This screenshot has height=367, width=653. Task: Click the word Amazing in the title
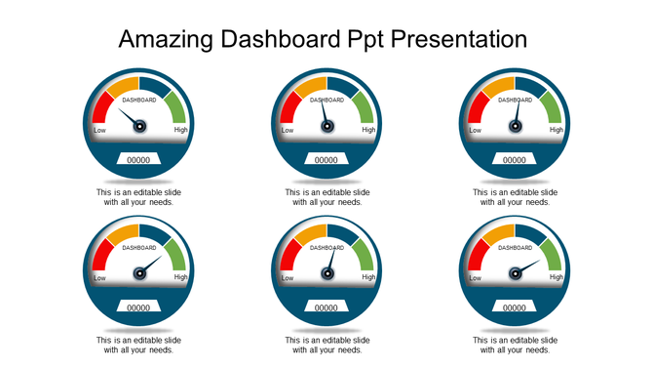(163, 40)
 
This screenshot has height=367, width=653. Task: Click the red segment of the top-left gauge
(100, 109)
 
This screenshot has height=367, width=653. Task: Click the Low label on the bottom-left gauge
(99, 278)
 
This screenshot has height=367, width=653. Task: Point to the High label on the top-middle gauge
(368, 130)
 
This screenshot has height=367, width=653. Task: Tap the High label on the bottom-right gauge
(557, 277)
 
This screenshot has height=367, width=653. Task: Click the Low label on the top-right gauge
(475, 130)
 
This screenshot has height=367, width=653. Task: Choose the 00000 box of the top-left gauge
(138, 160)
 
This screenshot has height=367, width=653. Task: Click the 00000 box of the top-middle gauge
(326, 160)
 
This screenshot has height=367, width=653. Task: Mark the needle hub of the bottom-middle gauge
(326, 273)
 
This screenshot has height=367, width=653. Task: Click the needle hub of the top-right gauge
(515, 125)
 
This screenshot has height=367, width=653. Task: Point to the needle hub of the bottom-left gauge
(138, 273)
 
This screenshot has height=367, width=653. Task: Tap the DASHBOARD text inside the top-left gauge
(138, 100)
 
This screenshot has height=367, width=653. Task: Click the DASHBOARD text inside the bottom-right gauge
(515, 248)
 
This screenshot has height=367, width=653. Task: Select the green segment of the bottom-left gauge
(175, 253)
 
